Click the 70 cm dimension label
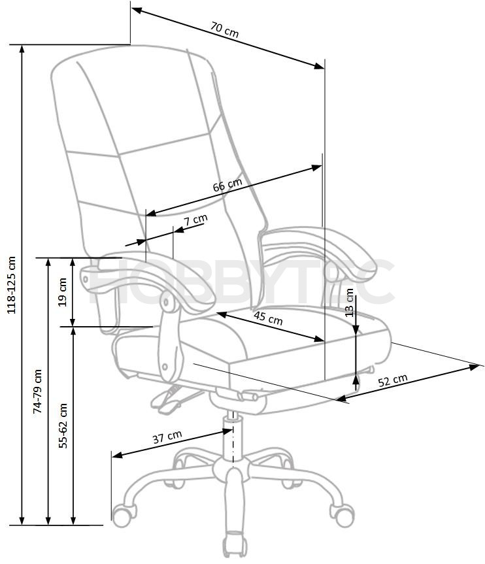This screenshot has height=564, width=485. tap(224, 30)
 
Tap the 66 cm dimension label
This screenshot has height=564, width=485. tap(227, 185)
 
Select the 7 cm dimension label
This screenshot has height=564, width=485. tap(196, 220)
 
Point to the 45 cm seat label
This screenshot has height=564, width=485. tap(268, 318)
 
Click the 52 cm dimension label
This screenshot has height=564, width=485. tap(393, 380)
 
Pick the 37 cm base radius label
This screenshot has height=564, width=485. tap(167, 437)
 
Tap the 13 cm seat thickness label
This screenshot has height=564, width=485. tap(349, 303)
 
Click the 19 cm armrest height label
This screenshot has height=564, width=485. tap(63, 291)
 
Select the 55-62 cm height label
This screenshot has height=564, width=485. tap(63, 425)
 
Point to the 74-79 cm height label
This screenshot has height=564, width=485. tap(37, 391)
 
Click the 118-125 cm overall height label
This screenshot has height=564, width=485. tap(12, 285)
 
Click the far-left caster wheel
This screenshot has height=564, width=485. tap(124, 515)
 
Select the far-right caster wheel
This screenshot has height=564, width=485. tap(342, 515)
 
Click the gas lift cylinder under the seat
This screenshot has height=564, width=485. tap(233, 436)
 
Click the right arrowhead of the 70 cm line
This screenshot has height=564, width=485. tap(319, 65)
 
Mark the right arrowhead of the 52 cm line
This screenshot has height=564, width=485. tap(474, 367)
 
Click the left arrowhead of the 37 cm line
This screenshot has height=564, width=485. tap(117, 456)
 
